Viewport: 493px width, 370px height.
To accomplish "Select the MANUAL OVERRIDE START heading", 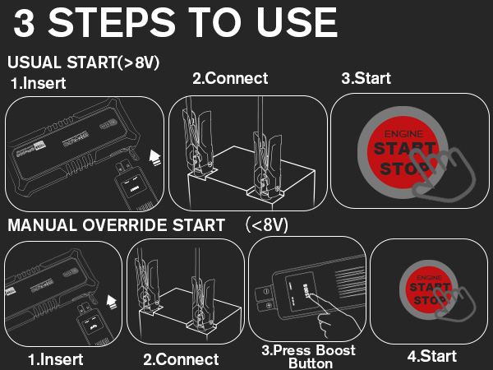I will click(116, 224).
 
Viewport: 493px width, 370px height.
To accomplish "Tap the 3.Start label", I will click(366, 79).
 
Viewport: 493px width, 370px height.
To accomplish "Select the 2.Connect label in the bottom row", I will click(181, 359).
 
